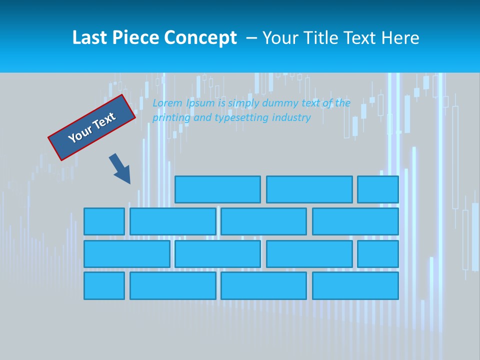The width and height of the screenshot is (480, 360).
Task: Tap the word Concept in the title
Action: (x=201, y=38)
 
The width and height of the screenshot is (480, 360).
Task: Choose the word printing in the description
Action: (x=170, y=118)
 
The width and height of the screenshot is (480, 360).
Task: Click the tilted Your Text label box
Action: (x=92, y=127)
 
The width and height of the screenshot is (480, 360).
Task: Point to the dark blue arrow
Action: (x=120, y=168)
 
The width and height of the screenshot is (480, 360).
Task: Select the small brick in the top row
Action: (x=377, y=189)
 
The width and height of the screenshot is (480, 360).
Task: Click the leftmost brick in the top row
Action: (x=217, y=189)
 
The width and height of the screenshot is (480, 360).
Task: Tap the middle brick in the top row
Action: (x=309, y=189)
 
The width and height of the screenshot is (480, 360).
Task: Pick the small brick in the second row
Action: (x=104, y=221)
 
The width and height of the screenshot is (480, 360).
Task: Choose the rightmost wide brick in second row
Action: (x=355, y=221)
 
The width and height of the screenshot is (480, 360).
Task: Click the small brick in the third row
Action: (x=377, y=254)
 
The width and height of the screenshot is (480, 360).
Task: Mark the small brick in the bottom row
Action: (x=104, y=286)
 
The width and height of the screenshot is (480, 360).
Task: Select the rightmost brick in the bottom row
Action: (x=355, y=286)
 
